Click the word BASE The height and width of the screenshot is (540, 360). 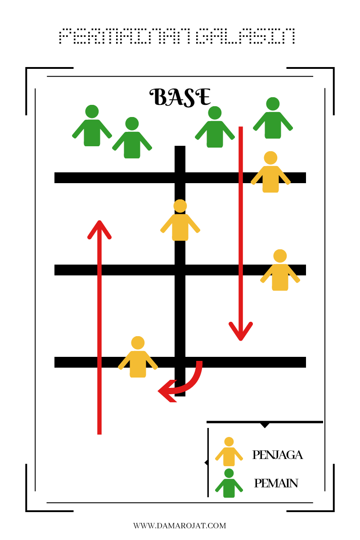pos(180,97)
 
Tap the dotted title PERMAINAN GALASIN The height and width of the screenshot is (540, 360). pos(177,36)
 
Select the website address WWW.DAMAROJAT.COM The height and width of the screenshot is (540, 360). pos(180,526)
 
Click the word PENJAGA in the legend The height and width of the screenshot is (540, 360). pos(277,455)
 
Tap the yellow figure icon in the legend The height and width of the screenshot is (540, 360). pos(229,452)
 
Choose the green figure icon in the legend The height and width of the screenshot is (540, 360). pos(229,484)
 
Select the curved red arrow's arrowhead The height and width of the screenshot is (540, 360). pos(166,391)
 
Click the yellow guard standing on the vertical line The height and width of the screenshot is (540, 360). pos(180,221)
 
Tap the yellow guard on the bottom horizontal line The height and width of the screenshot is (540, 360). pos(138,358)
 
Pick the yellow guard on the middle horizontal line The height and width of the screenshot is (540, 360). pos(280,271)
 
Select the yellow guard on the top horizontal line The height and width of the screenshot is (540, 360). pos(270,173)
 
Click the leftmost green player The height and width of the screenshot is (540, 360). pos(92,127)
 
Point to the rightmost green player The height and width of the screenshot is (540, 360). pos(273,119)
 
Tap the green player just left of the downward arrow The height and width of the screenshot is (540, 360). pos(215,128)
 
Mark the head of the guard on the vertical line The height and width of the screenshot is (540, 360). pos(180,206)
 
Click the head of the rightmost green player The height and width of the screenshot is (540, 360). pos(273,104)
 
